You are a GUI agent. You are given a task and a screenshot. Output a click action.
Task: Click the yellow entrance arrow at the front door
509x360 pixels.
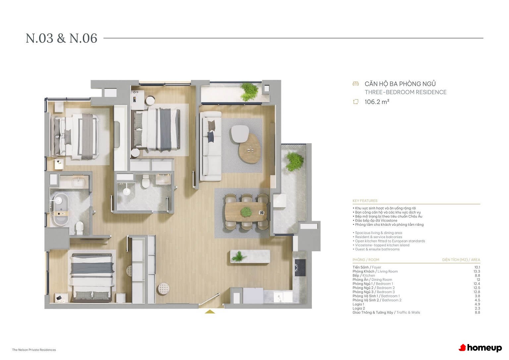(210, 312)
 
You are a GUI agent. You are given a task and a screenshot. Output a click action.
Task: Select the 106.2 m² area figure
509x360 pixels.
(377, 102)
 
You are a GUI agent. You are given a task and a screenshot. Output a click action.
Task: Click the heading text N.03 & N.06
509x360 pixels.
(61, 38)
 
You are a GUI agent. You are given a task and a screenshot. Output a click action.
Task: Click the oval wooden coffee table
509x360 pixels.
(250, 148)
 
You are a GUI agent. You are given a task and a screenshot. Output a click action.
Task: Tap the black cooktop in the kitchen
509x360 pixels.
(300, 268)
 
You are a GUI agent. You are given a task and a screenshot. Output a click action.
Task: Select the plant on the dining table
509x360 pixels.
(246, 212)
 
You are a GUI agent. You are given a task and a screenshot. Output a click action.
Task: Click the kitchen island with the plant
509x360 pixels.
(250, 256)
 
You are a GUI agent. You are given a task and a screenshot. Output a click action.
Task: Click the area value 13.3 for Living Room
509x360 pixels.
(477, 271)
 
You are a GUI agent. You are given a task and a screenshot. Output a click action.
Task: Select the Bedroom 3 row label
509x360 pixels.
(373, 292)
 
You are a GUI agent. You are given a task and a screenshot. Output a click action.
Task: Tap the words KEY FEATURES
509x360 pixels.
(365, 201)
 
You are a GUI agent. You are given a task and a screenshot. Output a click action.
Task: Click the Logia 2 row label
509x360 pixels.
(359, 308)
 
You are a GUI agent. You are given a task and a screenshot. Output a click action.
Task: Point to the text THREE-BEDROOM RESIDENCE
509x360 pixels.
(406, 92)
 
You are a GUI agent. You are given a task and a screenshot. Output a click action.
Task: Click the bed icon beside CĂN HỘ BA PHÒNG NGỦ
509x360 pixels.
(356, 84)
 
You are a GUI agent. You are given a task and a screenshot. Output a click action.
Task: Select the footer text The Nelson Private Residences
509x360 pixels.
(34, 350)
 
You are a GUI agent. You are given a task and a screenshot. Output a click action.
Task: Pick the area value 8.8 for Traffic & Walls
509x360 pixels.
(477, 313)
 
